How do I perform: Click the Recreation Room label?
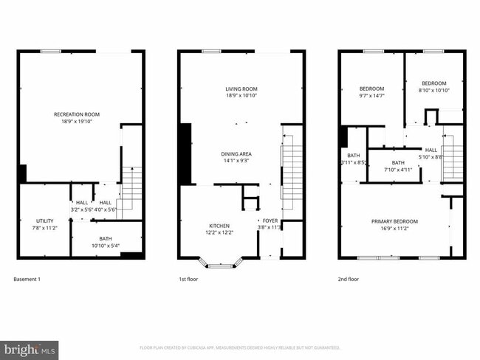[x=77, y=114]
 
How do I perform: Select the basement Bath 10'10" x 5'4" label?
[x=106, y=238]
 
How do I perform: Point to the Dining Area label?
[x=236, y=153]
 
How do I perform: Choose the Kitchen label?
[x=219, y=226]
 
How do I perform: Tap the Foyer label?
[x=270, y=221]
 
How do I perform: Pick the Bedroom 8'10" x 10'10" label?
[x=433, y=83]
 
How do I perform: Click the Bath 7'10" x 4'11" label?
[x=398, y=163]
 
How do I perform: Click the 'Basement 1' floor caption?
[x=27, y=280]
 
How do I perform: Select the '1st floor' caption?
[x=189, y=280]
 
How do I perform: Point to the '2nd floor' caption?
[x=349, y=280]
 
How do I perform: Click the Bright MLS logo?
[x=30, y=347]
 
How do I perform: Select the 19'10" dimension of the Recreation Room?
[x=91, y=122]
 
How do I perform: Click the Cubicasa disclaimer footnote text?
[x=239, y=347]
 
